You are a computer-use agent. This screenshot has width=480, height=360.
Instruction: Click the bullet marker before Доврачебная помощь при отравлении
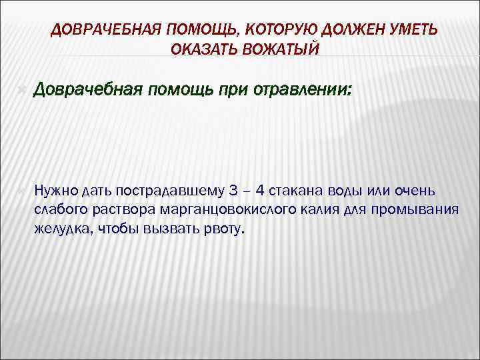click(23, 89)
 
